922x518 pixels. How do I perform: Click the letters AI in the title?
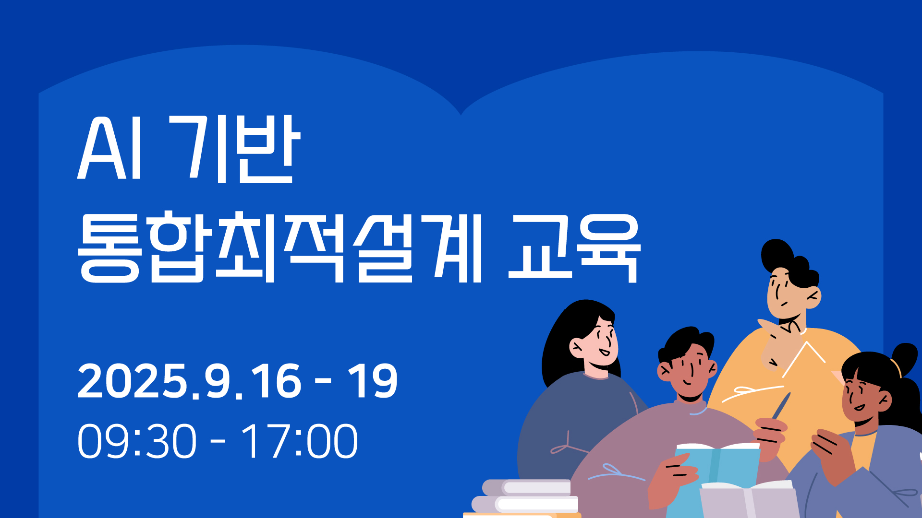pos(110,148)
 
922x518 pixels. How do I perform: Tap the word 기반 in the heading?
pos(235,148)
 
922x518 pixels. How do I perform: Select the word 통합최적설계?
pos(280,247)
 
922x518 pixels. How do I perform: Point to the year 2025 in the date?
pos(132,381)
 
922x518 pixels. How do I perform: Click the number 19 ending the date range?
pos(373,381)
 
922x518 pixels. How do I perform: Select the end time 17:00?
pos(299,441)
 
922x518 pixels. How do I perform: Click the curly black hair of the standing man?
pos(790,262)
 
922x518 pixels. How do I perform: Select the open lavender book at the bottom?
pos(748,500)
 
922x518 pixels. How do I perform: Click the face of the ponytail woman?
pos(862,398)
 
